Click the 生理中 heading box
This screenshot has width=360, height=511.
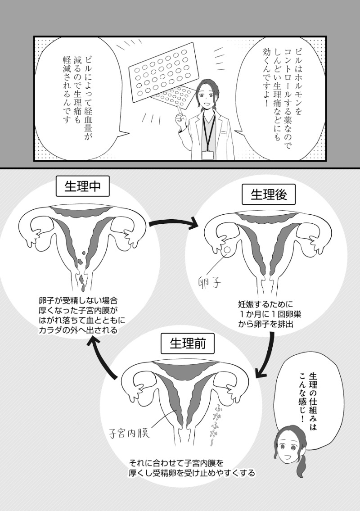83,186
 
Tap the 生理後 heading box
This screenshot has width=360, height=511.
269,194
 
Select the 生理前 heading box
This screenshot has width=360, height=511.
187,344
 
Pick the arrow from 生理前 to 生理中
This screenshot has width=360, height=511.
101,358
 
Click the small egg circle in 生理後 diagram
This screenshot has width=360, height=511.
227,250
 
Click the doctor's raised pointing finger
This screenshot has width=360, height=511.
179,111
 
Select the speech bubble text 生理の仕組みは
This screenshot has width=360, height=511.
312,402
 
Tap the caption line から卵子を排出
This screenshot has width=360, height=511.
267,324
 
